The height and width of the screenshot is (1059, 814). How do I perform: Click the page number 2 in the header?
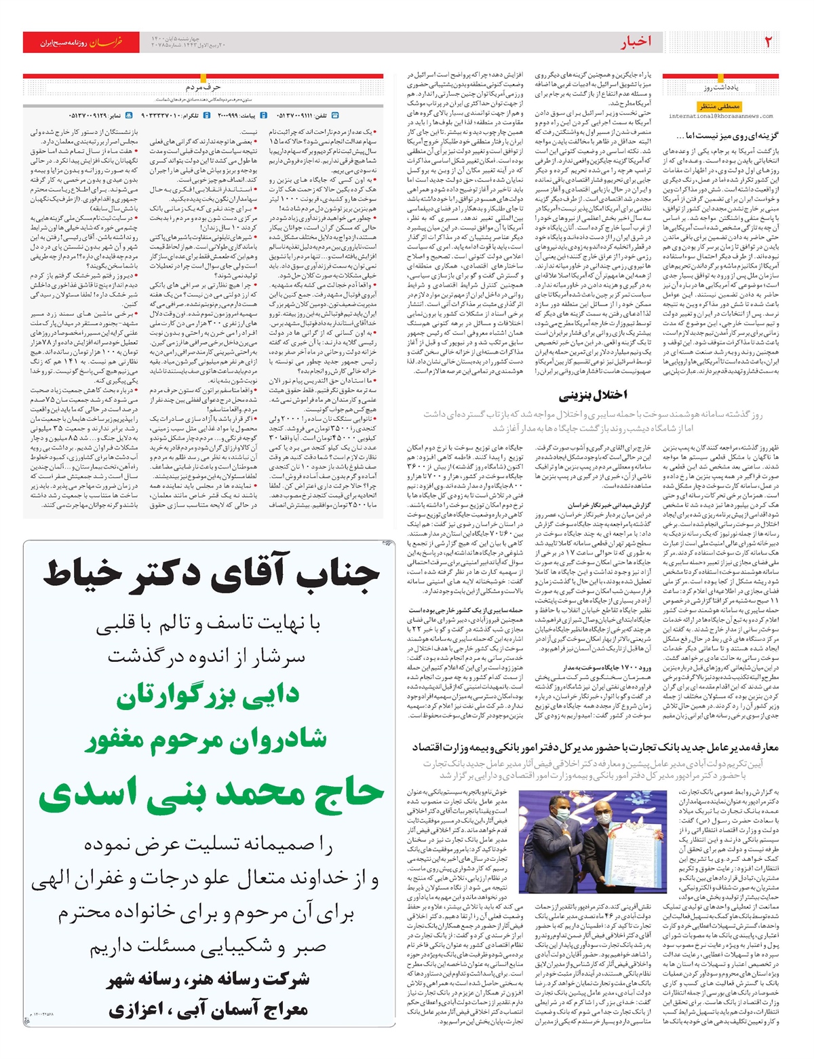click(x=769, y=42)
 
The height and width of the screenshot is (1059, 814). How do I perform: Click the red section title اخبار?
click(x=635, y=42)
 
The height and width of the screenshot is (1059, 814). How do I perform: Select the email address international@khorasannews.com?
click(x=721, y=116)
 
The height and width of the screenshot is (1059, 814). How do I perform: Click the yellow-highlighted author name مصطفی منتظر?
click(x=720, y=106)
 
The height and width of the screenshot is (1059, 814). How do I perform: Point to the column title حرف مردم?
click(x=203, y=87)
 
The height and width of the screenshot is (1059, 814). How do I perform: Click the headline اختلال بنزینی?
click(x=593, y=395)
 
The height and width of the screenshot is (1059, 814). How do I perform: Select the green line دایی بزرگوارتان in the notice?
click(x=208, y=696)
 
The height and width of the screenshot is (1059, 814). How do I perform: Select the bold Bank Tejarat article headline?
click(x=595, y=747)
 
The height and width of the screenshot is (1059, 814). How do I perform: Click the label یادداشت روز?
click(x=720, y=88)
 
